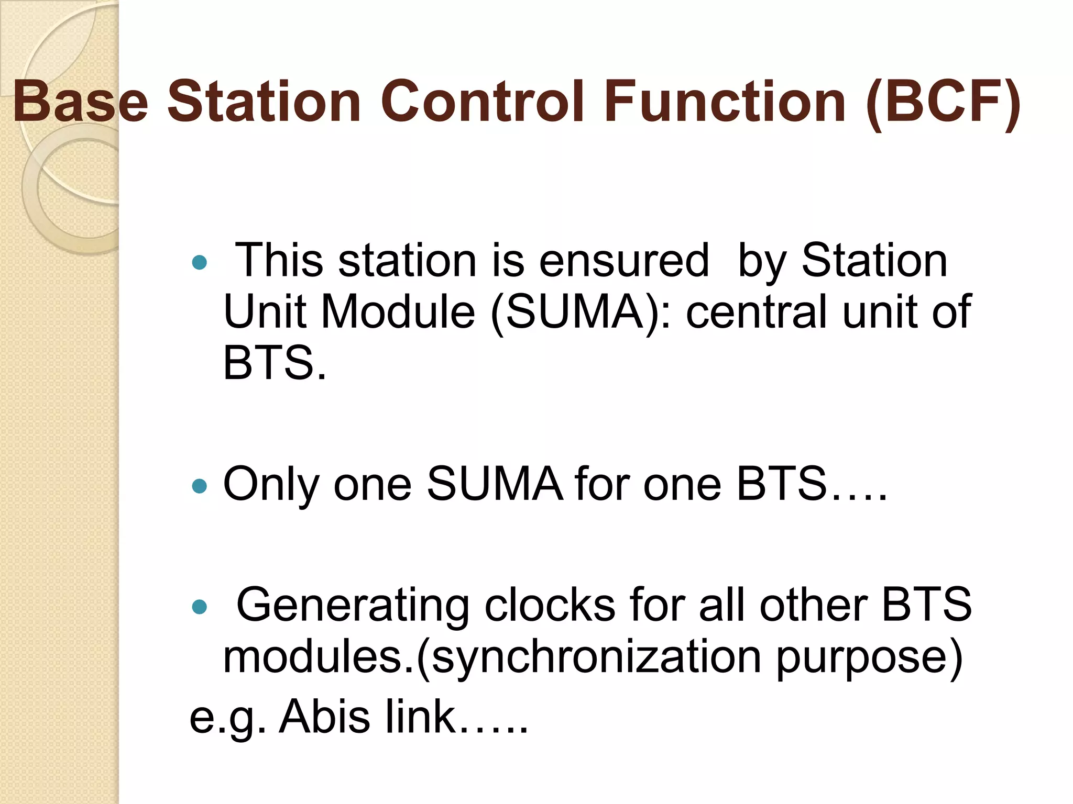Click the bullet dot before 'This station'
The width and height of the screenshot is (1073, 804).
[x=200, y=262]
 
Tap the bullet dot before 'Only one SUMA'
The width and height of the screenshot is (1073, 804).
[x=200, y=487]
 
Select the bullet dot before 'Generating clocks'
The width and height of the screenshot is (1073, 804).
[x=200, y=607]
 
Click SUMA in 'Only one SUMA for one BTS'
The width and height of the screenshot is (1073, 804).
[x=495, y=484]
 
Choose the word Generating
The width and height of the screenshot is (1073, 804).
[x=353, y=606]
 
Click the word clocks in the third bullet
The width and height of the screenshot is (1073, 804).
[x=549, y=605]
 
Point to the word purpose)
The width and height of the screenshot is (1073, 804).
[x=869, y=657]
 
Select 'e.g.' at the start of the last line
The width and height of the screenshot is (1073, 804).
[x=227, y=717]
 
